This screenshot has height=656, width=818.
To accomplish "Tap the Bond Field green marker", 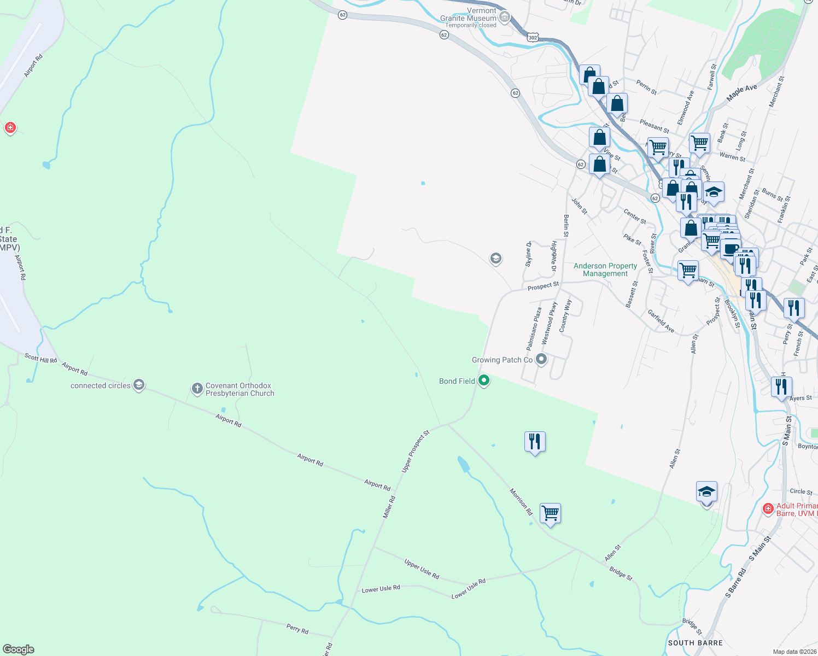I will [x=483, y=380].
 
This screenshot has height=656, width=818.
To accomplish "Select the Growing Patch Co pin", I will [x=541, y=359].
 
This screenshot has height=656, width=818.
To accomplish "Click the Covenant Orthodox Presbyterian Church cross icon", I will [x=197, y=389].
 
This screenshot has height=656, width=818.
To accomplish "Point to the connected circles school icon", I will [x=139, y=385].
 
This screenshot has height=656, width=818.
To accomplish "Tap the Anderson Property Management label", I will [x=605, y=270].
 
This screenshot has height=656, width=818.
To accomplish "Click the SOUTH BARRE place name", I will [x=695, y=643].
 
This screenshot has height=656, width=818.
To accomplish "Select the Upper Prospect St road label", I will [x=416, y=451].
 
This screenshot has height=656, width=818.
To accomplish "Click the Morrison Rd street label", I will [x=521, y=502].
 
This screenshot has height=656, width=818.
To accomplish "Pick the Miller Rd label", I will [x=389, y=507].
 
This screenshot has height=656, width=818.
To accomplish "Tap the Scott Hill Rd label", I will [x=40, y=358].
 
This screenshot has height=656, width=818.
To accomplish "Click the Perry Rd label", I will [x=297, y=629].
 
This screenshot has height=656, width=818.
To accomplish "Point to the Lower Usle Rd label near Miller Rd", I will [x=381, y=589].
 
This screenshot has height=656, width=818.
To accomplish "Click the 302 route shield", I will [x=533, y=38].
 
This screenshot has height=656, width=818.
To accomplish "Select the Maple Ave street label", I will [x=741, y=93].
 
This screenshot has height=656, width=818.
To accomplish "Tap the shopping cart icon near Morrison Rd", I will [x=550, y=513].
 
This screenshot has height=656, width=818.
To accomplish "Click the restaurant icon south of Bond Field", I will [x=534, y=441].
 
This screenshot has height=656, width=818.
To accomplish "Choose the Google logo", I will [x=19, y=649].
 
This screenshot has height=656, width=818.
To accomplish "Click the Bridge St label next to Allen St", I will [x=621, y=573].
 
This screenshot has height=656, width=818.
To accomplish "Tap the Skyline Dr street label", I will [x=528, y=254].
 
